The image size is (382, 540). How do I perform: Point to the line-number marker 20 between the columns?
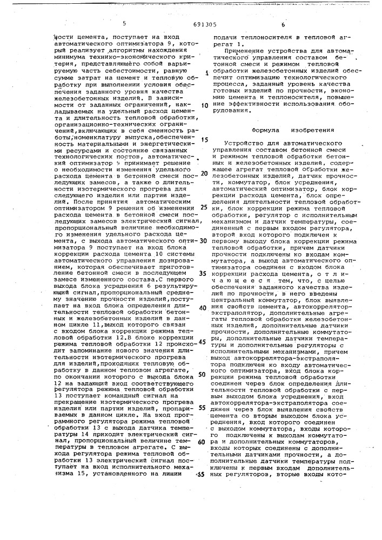[x=204, y=173]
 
